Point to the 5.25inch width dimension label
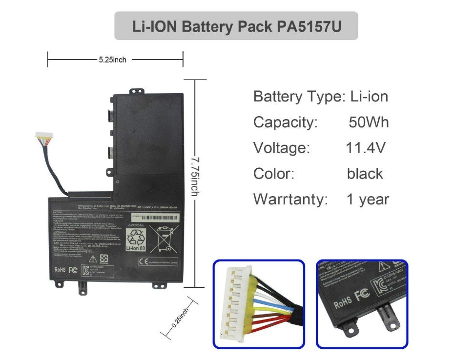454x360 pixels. pyautogui.click(x=112, y=60)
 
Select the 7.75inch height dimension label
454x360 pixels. pyautogui.click(x=194, y=177)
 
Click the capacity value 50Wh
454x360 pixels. pyautogui.click(x=369, y=122)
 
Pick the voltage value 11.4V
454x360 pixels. pyautogui.click(x=365, y=147)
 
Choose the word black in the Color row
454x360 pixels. pyautogui.click(x=365, y=173)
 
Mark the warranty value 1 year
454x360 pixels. pyautogui.click(x=368, y=199)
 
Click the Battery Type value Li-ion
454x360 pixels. pyautogui.click(x=369, y=96)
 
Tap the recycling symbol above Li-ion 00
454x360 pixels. pyautogui.click(x=136, y=237)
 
